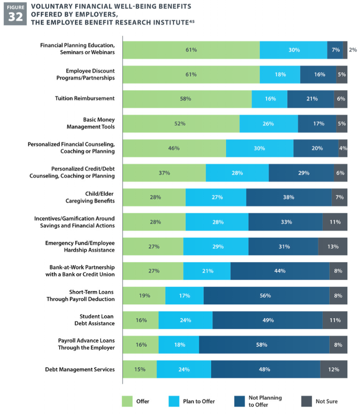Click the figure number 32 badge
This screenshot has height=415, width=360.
coord(14,14)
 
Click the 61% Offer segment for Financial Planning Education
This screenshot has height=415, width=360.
coord(191,50)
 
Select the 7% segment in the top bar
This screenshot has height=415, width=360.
coord(335,50)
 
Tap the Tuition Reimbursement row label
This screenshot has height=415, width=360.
coord(84,99)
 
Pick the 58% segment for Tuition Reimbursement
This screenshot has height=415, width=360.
coord(187,99)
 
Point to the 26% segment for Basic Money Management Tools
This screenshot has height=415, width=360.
coord(269,123)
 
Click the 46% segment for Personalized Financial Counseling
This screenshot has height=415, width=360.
coord(174,148)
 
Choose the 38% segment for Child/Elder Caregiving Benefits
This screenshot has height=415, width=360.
coord(289,197)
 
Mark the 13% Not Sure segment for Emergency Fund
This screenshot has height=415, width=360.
coord(333,247)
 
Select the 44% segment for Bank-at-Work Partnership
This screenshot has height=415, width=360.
coord(280,271)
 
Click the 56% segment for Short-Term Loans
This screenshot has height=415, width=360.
coord(266,296)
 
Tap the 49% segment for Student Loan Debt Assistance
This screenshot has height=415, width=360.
coord(268,320)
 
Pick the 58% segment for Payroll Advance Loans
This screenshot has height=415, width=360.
coord(264,345)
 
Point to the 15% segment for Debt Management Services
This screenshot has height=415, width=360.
coord(140,369)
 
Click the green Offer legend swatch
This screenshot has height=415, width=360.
coord(127,401)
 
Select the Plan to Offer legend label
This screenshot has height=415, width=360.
coord(199,401)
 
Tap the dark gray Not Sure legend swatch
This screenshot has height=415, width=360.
coord(306,401)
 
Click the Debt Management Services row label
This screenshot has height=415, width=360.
coord(79,369)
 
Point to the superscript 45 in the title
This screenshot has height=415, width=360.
coord(191,22)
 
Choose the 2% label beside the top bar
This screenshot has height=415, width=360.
coord(353,50)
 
